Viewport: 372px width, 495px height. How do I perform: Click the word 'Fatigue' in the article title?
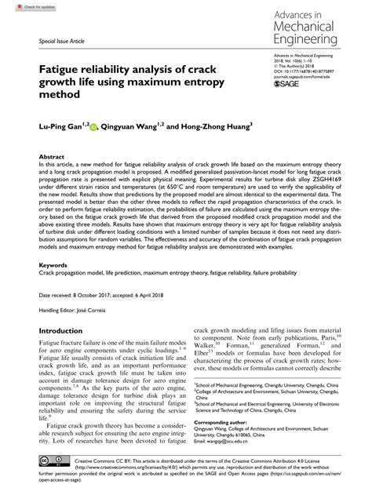(x=61, y=68)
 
